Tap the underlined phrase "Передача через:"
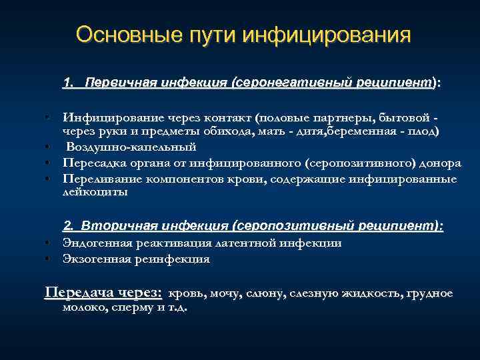click(103, 293)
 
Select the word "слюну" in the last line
click(265, 293)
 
